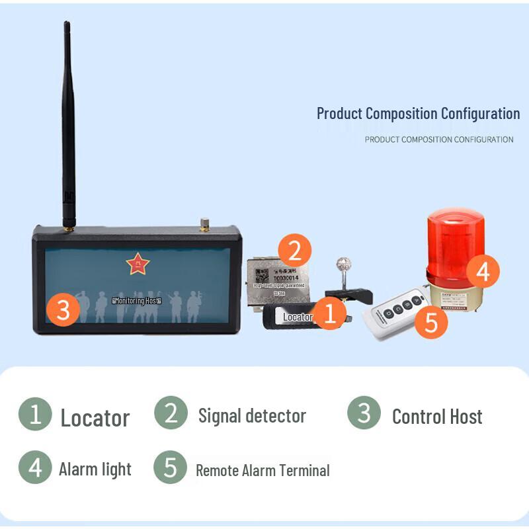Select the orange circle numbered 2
point(295,251)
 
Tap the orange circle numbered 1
point(331,313)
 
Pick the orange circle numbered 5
point(430,323)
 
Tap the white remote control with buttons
point(395,315)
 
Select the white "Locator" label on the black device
point(297,317)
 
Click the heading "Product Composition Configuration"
point(418,113)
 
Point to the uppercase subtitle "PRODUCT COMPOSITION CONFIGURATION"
point(438,140)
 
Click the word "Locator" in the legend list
point(95,418)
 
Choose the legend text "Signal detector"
point(252,416)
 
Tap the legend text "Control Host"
point(437,417)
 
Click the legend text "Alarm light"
point(95,469)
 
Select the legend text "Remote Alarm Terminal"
point(263,471)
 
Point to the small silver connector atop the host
point(205,224)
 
